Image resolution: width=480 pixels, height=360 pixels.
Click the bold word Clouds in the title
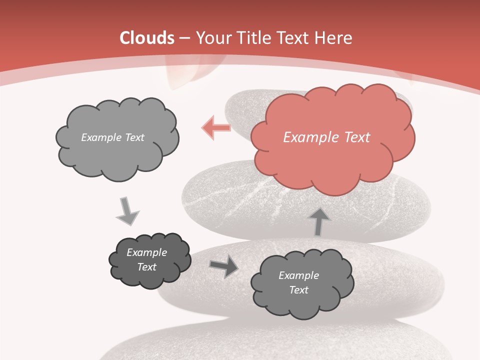coord(147,38)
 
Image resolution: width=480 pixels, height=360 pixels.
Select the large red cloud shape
coord(332,160)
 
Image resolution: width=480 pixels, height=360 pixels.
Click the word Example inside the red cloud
coord(311,137)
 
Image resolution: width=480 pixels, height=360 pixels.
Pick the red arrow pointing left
coord(216,128)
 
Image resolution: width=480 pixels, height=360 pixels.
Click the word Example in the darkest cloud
coord(146,252)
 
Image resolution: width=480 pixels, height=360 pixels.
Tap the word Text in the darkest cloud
coord(146,267)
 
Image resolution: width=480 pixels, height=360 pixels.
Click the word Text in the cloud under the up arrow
coord(298,290)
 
